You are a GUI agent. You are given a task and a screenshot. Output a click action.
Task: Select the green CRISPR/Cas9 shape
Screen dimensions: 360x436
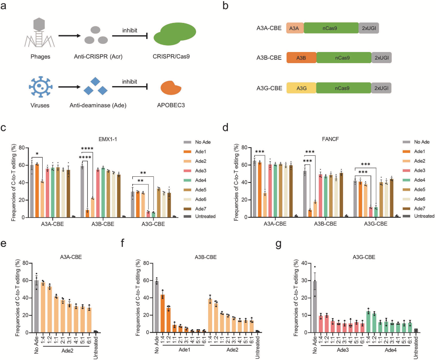click(x=173, y=36)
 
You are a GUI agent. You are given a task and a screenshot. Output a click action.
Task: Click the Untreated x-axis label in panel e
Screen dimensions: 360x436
click(x=96, y=344)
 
